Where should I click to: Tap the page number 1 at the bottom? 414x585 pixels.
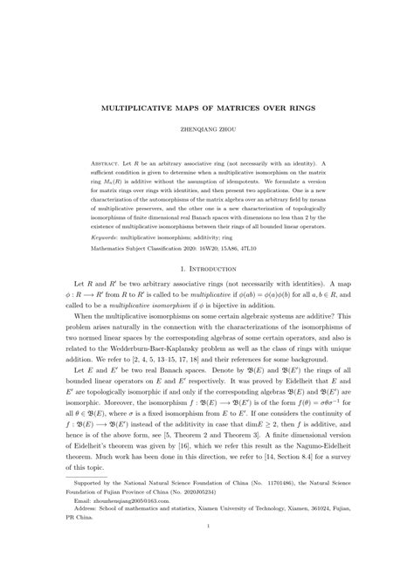pyautogui.click(x=207, y=563)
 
